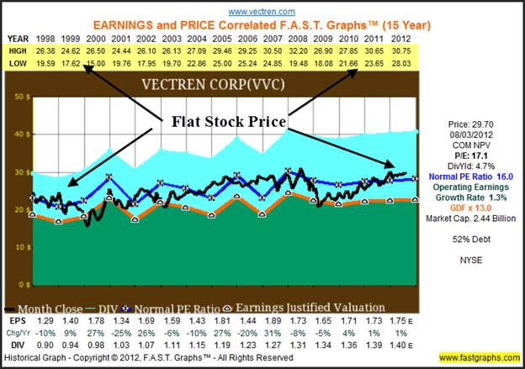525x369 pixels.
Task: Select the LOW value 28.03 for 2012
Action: click(402, 63)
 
